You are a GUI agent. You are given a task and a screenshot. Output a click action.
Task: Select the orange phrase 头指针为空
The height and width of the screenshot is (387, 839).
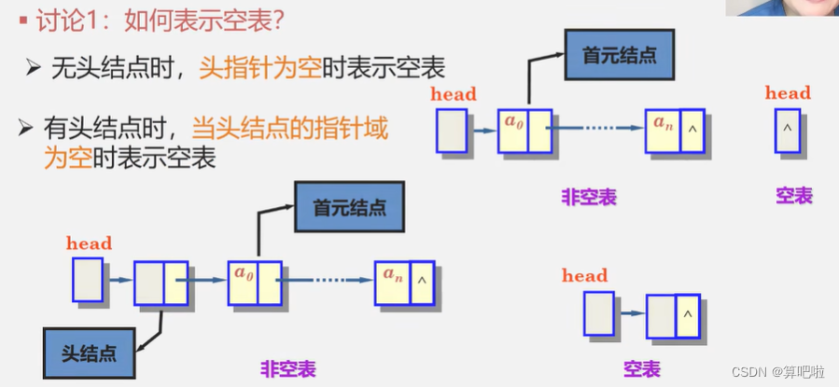[259, 67]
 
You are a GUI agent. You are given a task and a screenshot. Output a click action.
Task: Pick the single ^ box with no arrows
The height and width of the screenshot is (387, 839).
[787, 131]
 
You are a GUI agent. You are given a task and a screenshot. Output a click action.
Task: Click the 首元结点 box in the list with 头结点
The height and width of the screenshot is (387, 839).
[349, 207]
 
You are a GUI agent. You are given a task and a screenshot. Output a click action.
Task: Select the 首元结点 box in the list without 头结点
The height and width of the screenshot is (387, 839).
[619, 55]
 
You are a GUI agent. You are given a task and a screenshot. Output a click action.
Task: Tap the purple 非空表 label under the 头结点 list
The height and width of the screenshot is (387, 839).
[288, 369]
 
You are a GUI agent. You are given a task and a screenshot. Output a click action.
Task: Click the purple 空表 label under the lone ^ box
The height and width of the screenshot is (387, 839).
[793, 196]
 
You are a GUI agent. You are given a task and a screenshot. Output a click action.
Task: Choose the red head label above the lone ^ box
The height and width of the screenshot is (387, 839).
[788, 92]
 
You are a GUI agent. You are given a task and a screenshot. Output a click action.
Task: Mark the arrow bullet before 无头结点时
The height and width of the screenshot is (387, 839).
[33, 67]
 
